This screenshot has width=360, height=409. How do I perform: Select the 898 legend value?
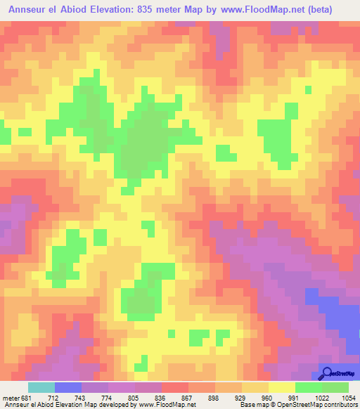pyautogui.click(x=215, y=397)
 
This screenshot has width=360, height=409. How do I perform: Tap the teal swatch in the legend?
pyautogui.click(x=41, y=387)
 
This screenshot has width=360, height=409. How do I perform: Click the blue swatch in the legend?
pyautogui.click(x=68, y=387)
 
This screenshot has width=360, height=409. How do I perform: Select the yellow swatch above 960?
pyautogui.click(x=281, y=387)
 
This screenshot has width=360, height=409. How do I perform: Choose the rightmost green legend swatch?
pyautogui.click(x=335, y=387)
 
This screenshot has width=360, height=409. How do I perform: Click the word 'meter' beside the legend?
pyautogui.click(x=10, y=397)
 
